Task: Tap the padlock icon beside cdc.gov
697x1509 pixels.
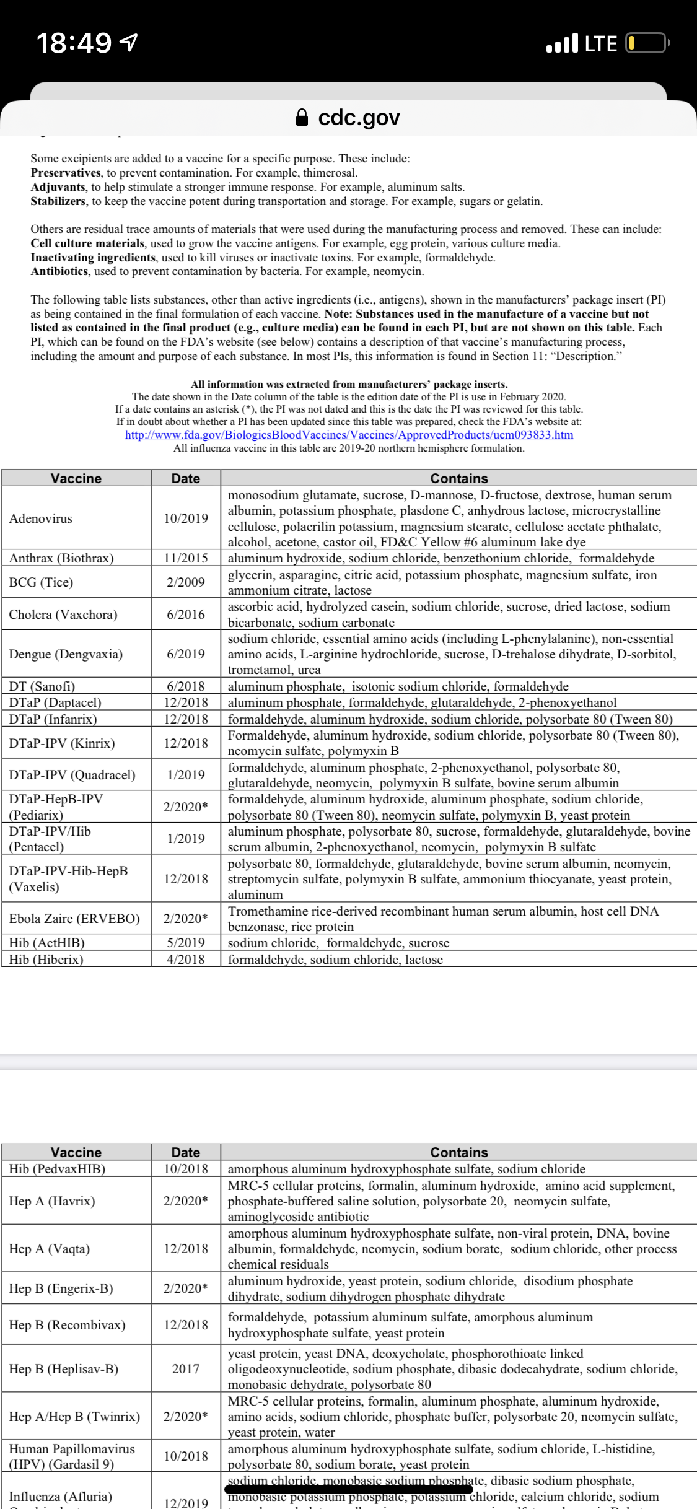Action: coord(302,117)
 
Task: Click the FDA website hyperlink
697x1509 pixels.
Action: coord(349,434)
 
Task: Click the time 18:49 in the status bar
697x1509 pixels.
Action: coord(74,43)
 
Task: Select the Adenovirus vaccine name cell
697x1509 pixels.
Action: coord(41,518)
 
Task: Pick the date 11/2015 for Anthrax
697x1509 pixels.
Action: coord(186,558)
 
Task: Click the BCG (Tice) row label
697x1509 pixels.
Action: coord(41,582)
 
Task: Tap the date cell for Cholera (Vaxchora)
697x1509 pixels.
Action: coord(186,615)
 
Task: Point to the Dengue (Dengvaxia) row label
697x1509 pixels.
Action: coord(66,654)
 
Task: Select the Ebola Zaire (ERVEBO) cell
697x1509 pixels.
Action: coord(74,918)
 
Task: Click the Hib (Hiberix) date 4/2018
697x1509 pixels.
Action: coord(186,959)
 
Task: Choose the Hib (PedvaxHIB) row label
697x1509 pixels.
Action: coord(57,1169)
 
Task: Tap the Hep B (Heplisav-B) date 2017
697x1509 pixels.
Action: coord(186,1369)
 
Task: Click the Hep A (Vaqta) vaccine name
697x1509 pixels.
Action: coord(50,1249)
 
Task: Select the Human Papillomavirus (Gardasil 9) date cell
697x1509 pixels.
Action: coord(186,1456)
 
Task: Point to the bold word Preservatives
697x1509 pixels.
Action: coord(66,173)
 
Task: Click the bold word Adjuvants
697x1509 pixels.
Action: coord(58,187)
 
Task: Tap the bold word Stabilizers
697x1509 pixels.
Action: coord(58,201)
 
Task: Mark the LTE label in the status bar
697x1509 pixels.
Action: coord(601,43)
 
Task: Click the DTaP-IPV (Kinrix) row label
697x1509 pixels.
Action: coord(62,743)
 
